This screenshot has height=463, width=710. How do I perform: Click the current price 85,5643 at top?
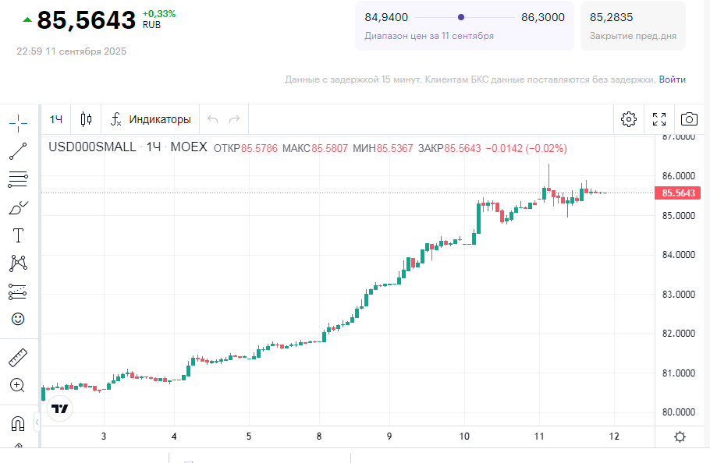[x=86, y=21]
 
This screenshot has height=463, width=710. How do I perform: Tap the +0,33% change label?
[x=159, y=13]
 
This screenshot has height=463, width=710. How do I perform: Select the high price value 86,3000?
[x=542, y=17]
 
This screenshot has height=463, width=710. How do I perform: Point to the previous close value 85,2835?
[x=612, y=17]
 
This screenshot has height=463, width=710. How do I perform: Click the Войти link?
[x=673, y=80]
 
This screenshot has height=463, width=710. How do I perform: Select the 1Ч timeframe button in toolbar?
[x=56, y=119]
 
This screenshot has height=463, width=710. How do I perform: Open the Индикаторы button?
[x=151, y=119]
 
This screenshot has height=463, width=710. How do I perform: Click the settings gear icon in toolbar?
[x=629, y=119]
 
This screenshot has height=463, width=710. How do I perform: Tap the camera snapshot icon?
[x=689, y=119]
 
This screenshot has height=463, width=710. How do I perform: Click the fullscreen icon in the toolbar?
[x=659, y=119]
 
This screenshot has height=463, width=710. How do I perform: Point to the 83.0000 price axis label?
[x=678, y=295]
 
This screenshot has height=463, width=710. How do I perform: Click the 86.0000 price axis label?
[x=678, y=176]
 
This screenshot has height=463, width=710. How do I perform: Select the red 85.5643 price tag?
[x=678, y=193]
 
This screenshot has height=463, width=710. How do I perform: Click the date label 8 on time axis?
[x=319, y=436]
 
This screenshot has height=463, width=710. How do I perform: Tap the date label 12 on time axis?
[x=614, y=436]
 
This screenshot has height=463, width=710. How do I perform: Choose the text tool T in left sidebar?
[x=18, y=235]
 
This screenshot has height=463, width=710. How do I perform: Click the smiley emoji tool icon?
[x=18, y=319]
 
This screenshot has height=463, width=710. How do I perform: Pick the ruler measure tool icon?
[x=18, y=359]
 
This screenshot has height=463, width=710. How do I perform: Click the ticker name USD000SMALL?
[x=92, y=147]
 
